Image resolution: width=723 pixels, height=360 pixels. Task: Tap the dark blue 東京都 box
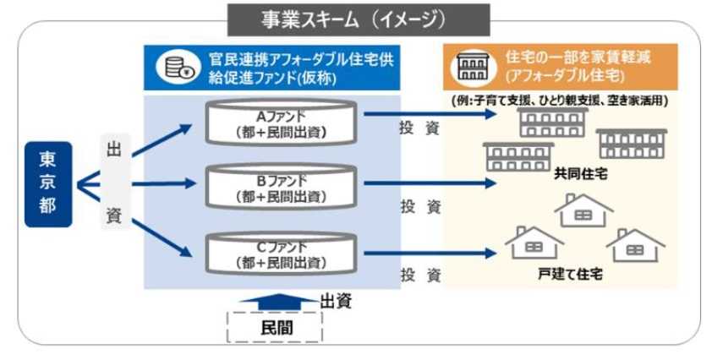48,183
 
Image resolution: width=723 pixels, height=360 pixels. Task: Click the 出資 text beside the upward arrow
335,300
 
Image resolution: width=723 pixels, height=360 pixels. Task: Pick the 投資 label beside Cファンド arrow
420,275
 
